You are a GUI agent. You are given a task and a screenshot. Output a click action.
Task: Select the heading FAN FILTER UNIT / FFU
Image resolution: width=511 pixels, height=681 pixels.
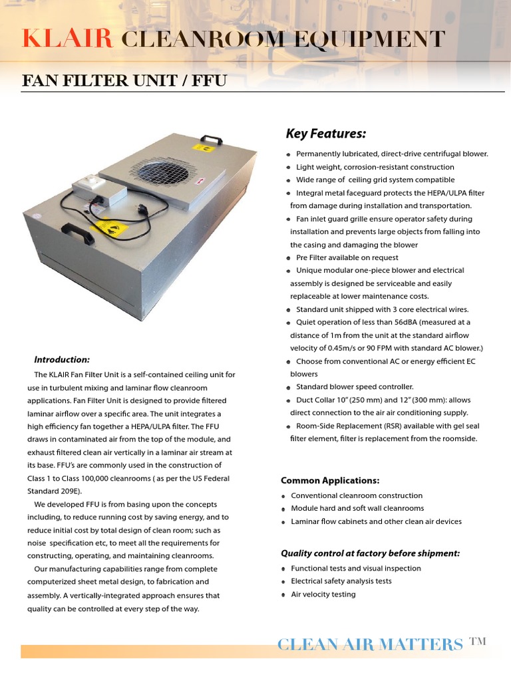click(x=125, y=81)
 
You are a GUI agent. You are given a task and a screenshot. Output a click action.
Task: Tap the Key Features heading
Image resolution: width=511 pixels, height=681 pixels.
click(x=326, y=134)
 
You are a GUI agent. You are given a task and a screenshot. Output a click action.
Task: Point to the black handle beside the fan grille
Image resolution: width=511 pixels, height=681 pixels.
click(x=212, y=140)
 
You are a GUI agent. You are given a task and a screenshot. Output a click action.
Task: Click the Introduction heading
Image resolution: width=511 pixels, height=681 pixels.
click(x=62, y=360)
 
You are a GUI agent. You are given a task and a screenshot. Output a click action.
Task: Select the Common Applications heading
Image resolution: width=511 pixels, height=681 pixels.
click(x=330, y=480)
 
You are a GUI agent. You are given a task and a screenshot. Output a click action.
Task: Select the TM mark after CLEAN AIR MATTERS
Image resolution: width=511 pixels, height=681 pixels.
click(x=478, y=641)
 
